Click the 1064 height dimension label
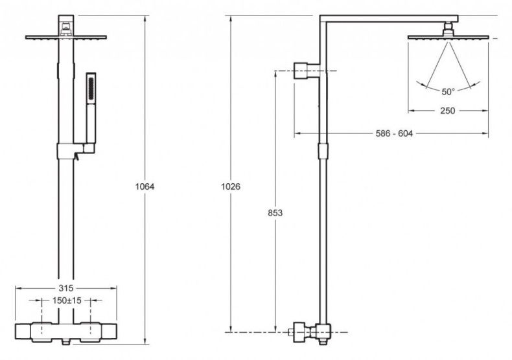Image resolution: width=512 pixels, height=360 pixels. tap(145, 186)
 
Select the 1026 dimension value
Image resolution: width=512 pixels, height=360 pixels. tap(231, 186)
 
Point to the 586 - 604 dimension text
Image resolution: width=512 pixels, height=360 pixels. tap(393, 133)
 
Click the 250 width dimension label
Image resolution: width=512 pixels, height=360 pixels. tap(447, 110)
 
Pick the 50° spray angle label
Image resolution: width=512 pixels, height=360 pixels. tap(447, 91)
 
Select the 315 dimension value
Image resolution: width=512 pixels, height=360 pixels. tap(67, 288)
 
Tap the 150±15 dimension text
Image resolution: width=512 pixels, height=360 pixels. tap(66, 301)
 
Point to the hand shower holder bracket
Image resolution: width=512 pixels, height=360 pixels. tap(76, 151)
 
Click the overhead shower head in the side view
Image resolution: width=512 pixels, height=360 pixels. tap(447, 37)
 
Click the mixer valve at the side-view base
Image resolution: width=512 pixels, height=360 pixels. tap(305, 332)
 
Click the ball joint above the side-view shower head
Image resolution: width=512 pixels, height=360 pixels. tap(447, 28)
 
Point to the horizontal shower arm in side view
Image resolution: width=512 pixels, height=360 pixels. tap(389, 19)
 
